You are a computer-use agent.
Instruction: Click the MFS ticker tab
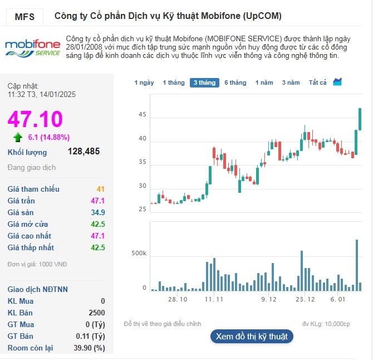[24, 17]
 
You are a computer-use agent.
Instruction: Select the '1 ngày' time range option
[144, 82]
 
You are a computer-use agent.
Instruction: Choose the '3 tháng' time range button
[204, 82]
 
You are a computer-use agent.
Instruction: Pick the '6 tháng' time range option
[235, 82]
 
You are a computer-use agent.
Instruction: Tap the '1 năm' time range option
[264, 82]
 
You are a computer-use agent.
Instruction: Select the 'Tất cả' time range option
[317, 82]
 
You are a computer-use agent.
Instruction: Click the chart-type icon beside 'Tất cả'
[337, 82]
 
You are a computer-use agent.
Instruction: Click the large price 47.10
[35, 119]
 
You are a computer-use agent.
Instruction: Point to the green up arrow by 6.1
[18, 137]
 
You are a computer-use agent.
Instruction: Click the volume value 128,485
[84, 152]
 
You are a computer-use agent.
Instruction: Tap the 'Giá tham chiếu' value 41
[101, 189]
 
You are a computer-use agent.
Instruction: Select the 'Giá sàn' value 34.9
[98, 212]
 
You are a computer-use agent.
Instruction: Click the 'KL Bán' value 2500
[97, 313]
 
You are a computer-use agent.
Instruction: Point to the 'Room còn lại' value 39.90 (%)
[91, 348]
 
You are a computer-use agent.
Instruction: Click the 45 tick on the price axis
[143, 115]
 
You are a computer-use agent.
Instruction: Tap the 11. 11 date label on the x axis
[214, 299]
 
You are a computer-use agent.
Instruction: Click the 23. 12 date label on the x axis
[305, 299]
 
